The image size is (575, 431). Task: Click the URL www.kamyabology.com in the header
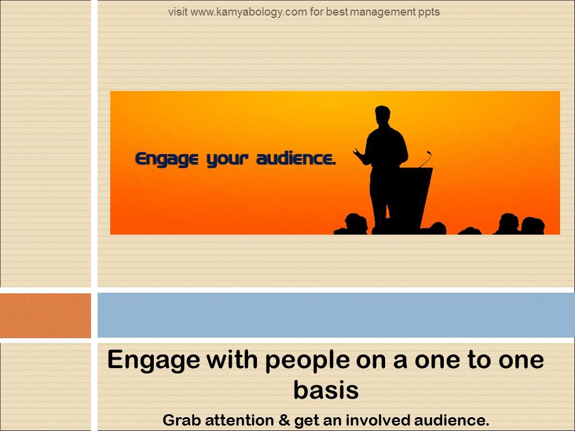click(x=249, y=13)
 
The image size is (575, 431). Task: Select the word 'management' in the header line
click(x=383, y=13)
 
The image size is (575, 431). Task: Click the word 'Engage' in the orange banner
click(x=167, y=160)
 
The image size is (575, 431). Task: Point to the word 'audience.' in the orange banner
click(x=296, y=158)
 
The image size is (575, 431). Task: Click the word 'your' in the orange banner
click(x=228, y=160)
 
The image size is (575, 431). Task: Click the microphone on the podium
click(x=426, y=159)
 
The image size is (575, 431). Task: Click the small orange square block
click(x=46, y=315)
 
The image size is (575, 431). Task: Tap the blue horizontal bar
click(x=336, y=315)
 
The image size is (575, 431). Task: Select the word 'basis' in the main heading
click(x=326, y=390)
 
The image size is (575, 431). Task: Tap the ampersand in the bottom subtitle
click(x=284, y=420)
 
